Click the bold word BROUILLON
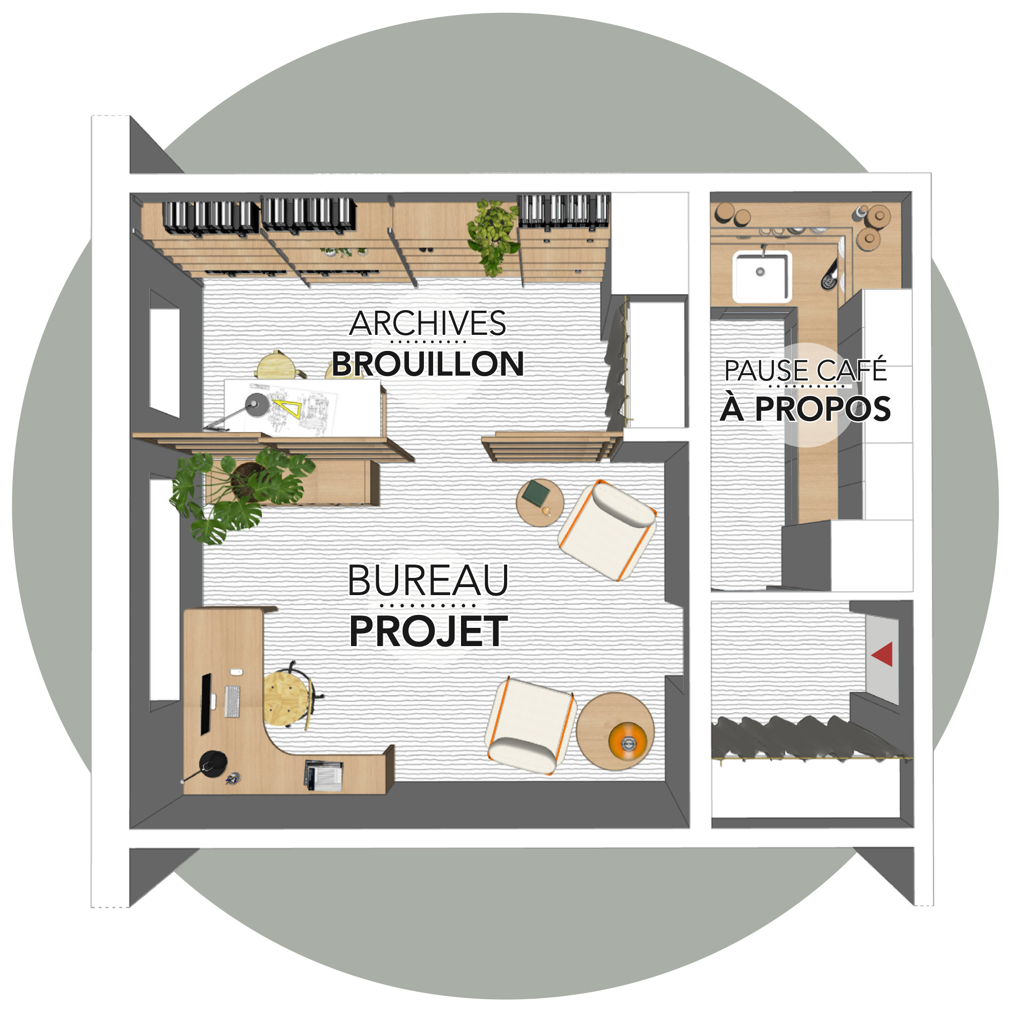[428, 364]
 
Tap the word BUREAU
[428, 580]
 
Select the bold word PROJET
[428, 631]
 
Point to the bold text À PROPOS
[805, 408]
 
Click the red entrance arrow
[882, 654]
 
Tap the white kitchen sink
[762, 275]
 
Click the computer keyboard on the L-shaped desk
[232, 701]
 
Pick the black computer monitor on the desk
[206, 704]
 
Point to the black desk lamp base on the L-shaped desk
[213, 764]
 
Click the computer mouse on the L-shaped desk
[236, 672]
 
